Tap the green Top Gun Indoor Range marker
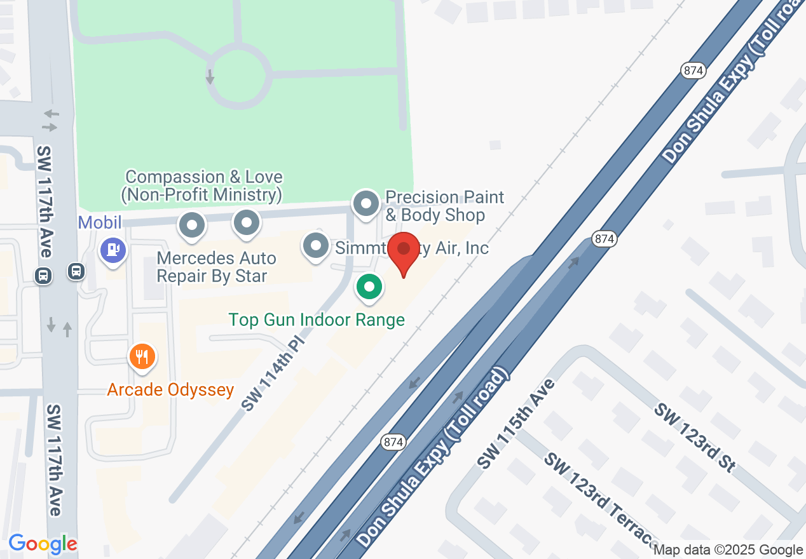click(369, 286)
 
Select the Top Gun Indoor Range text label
click(317, 320)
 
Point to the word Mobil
click(100, 223)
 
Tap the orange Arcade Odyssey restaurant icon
click(142, 357)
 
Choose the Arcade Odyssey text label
click(170, 389)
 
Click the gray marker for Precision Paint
click(365, 205)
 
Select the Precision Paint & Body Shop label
click(444, 206)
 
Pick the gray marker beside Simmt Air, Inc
click(315, 246)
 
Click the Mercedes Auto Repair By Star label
click(216, 267)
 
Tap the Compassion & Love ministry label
click(203, 185)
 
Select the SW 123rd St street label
click(695, 438)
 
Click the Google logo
click(43, 544)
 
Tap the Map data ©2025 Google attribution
click(728, 550)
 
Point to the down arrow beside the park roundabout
click(210, 77)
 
